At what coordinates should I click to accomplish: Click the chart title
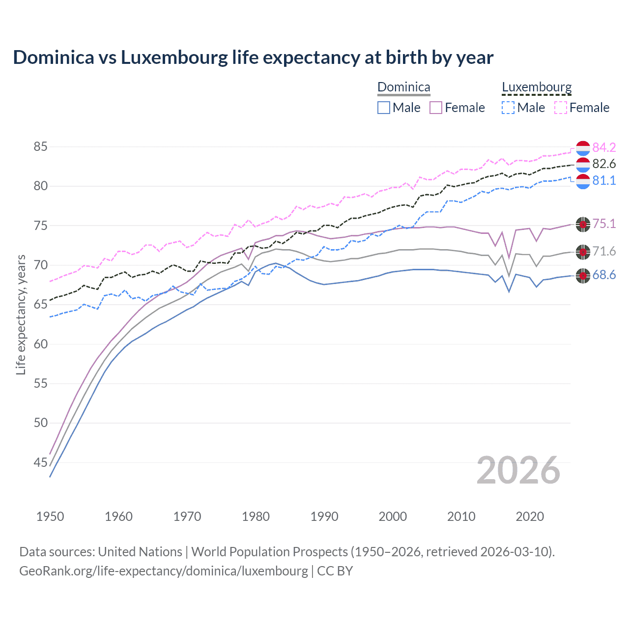(x=253, y=57)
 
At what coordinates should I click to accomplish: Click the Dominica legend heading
(x=403, y=87)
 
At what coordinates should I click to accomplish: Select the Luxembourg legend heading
(x=537, y=87)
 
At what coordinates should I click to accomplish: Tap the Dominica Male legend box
(x=384, y=108)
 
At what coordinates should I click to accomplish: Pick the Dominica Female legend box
(x=436, y=108)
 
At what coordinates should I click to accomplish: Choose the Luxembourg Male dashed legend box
(x=508, y=108)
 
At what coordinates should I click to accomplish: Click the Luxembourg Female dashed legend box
(x=561, y=108)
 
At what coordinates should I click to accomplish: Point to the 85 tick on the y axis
(x=41, y=146)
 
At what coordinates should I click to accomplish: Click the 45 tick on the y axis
(x=41, y=462)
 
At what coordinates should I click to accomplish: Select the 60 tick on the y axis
(x=41, y=344)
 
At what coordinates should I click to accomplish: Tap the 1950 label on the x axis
(x=50, y=516)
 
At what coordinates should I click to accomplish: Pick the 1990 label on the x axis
(x=324, y=516)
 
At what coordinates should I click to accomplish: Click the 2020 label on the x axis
(x=530, y=516)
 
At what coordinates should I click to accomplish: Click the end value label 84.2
(x=604, y=147)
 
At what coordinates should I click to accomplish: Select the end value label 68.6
(x=604, y=275)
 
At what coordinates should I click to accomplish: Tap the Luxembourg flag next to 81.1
(x=583, y=181)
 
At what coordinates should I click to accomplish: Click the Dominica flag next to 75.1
(x=583, y=224)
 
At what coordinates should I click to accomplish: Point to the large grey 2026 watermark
(x=518, y=470)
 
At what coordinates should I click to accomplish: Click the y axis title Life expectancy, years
(x=21, y=314)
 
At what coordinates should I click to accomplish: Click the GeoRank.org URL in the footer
(x=164, y=571)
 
